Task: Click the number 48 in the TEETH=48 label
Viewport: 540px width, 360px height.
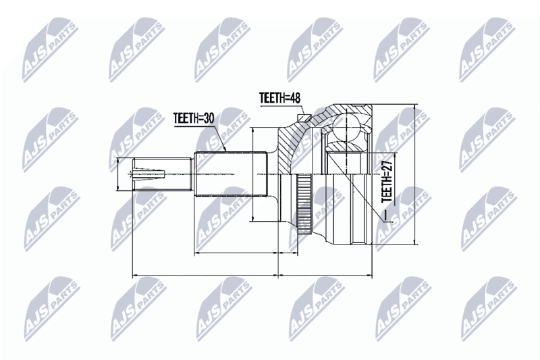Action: tap(294, 98)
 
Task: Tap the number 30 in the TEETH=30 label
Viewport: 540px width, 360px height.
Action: tap(208, 118)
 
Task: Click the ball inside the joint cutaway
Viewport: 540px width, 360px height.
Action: tap(347, 127)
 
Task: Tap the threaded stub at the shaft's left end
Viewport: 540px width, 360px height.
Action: tap(162, 174)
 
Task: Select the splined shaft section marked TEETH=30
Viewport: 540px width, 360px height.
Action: tap(231, 174)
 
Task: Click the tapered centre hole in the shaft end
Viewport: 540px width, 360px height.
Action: tap(146, 174)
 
